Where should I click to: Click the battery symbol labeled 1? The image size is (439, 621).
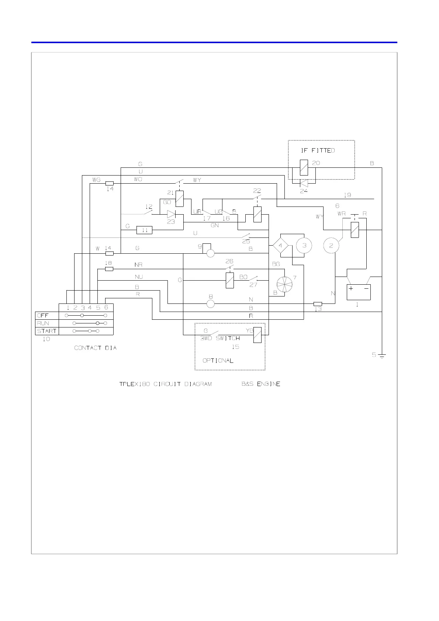[x=359, y=292]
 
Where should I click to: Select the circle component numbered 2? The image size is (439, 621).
[x=331, y=246]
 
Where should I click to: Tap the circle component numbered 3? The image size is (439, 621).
[x=304, y=246]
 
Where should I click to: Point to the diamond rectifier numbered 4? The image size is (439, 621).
[x=280, y=246]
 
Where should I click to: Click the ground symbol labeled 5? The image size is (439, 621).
[x=382, y=356]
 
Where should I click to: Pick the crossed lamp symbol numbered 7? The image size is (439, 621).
[x=284, y=284]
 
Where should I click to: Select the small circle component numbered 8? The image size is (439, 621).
[x=210, y=304]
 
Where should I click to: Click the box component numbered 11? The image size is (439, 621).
[x=144, y=230]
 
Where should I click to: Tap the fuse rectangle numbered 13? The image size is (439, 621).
[x=318, y=304]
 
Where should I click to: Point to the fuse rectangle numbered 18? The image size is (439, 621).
[x=109, y=269]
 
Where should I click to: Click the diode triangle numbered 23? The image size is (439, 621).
[x=171, y=214]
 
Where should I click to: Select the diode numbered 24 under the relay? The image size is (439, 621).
[x=304, y=183]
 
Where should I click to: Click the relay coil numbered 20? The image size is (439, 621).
[x=304, y=168]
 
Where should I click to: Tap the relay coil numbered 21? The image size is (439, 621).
[x=180, y=199]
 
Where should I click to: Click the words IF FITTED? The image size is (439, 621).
[x=318, y=150]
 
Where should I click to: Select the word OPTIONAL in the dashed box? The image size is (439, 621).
[x=218, y=361]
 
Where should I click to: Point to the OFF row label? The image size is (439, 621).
[x=43, y=316]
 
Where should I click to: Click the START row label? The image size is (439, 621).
[x=47, y=331]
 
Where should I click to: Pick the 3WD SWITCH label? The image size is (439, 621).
[x=220, y=338]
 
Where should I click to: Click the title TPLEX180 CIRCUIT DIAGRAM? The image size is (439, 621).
[x=165, y=384]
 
